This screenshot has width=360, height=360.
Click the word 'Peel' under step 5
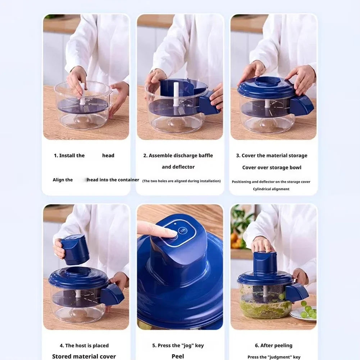[178, 356]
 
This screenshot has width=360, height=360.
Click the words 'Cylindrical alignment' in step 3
[271, 189]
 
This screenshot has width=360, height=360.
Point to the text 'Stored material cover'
[84, 356]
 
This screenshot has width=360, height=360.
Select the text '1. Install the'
[69, 156]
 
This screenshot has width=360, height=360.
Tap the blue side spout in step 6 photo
[296, 292]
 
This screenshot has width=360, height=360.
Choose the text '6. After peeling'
[273, 346]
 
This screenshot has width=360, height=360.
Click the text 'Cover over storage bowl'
[272, 168]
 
